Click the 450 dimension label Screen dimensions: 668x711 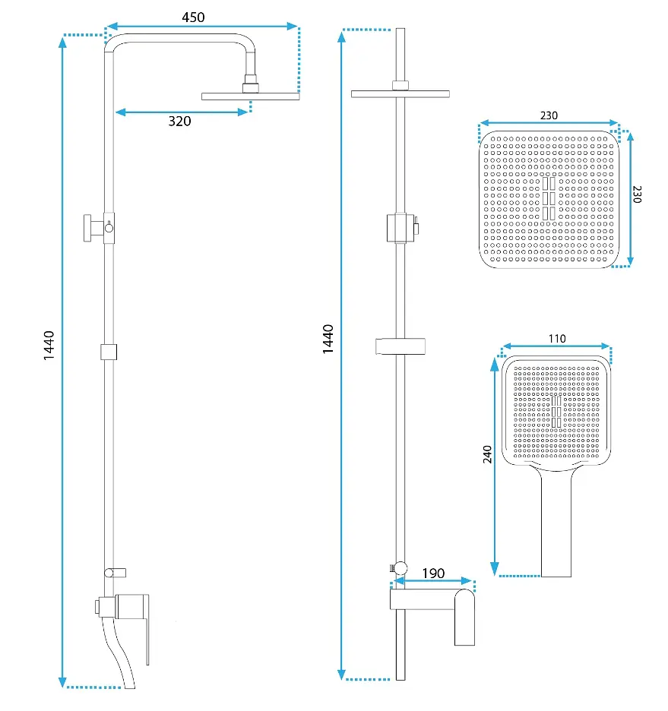point(193,17)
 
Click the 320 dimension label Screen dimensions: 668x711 point(179,121)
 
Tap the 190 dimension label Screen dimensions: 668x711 point(433,574)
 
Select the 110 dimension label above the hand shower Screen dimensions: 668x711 point(557,339)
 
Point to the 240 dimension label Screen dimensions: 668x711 point(487,454)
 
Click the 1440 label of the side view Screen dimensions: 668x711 point(49,346)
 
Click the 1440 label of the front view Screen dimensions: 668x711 point(328,340)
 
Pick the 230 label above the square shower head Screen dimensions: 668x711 point(549,115)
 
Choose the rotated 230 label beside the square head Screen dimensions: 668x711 point(637,194)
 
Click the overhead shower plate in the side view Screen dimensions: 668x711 point(250,96)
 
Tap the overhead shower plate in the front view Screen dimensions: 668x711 point(400,94)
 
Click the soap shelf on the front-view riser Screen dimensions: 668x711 point(400,346)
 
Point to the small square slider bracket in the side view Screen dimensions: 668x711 point(109,352)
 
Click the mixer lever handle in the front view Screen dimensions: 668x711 point(464,617)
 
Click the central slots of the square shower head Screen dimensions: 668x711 point(549,198)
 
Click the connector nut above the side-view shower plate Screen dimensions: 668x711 point(250,84)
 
